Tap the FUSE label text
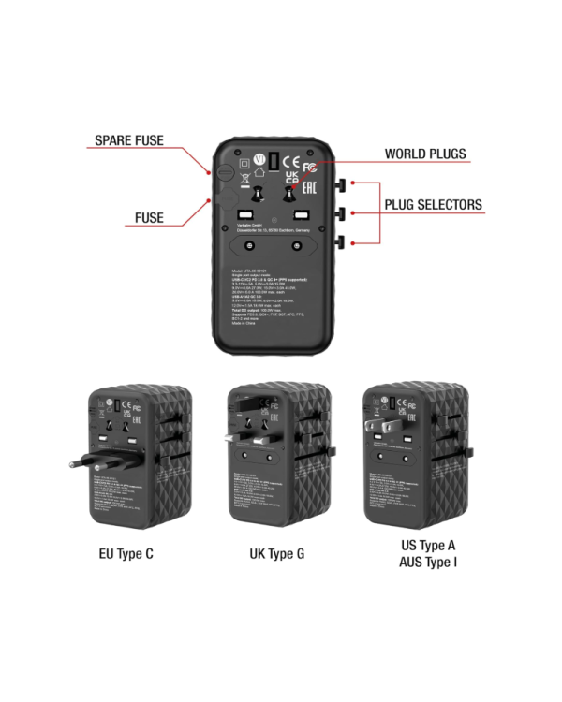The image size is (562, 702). pos(148,218)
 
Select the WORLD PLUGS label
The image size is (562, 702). pos(424,154)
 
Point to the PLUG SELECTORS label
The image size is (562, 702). pos(433,205)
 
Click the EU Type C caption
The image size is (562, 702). pos(126,554)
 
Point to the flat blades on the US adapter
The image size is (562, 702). pos(377,430)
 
